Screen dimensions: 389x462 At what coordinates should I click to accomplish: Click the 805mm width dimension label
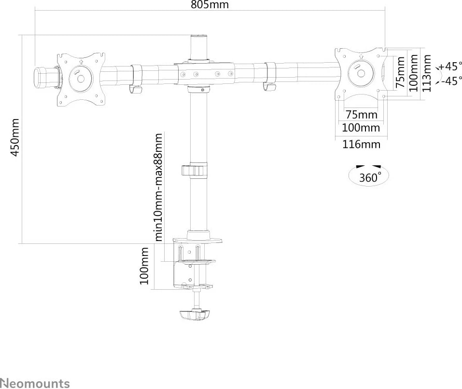[x=210, y=5]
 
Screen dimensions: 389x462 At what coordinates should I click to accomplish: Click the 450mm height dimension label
[x=15, y=137]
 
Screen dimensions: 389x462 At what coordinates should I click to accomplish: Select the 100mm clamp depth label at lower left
[x=144, y=266]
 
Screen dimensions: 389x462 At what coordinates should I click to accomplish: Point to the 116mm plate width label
[x=361, y=144]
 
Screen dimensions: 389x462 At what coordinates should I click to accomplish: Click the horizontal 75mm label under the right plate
[x=361, y=115]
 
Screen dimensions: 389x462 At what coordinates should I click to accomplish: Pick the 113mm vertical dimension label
[x=427, y=73]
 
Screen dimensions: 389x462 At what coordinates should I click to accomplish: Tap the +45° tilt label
[x=451, y=67]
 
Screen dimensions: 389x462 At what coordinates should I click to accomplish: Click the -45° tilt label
[x=451, y=81]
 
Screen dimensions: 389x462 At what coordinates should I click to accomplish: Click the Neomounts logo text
[x=35, y=384]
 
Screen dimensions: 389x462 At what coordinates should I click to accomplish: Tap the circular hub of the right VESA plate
[x=360, y=73]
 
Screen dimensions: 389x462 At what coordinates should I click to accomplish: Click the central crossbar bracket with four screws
[x=205, y=74]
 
